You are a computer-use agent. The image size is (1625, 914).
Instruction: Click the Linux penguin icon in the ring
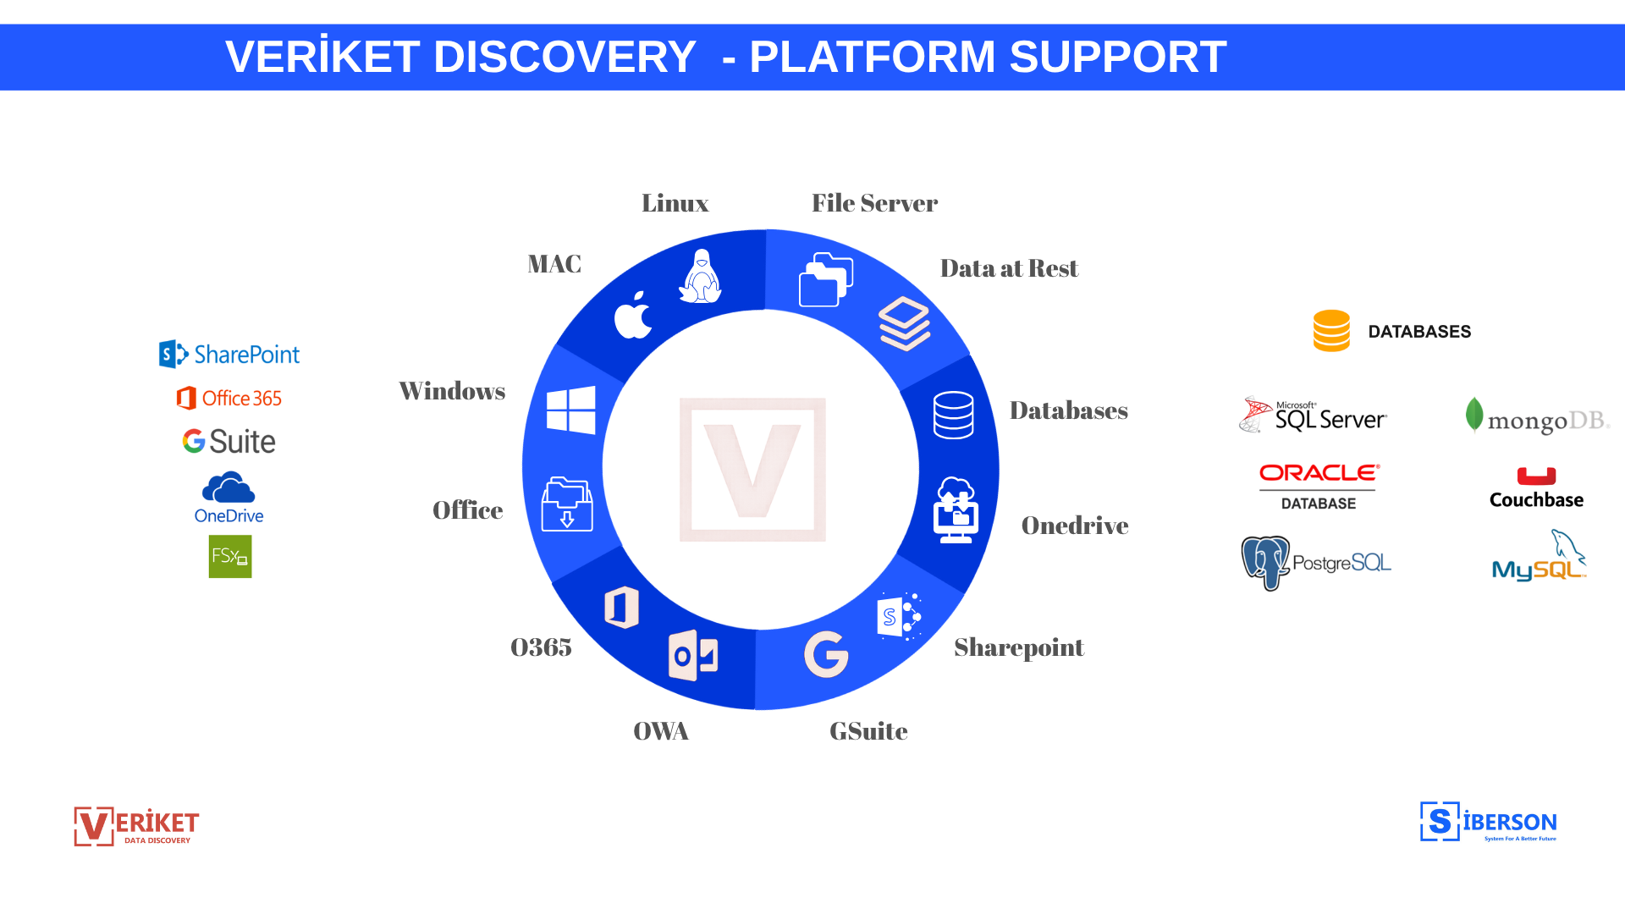[x=700, y=277]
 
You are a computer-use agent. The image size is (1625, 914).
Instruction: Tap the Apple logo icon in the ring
[x=633, y=316]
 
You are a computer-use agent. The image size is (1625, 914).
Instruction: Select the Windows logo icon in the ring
[x=571, y=410]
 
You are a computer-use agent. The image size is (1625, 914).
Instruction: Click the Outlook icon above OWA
[x=693, y=655]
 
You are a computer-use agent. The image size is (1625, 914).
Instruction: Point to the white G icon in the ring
[x=826, y=654]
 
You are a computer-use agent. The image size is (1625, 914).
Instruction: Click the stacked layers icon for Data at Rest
[x=904, y=323]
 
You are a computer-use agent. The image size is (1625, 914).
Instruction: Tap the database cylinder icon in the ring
[x=953, y=415]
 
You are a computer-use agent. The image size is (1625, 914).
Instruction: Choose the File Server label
[x=874, y=203]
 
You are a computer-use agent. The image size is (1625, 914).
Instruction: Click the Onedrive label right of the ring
[x=1074, y=526]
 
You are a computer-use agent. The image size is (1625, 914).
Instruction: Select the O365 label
[x=541, y=647]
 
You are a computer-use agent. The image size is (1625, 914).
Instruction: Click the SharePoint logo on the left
[x=229, y=354]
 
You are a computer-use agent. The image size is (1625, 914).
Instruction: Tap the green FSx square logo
[x=230, y=557]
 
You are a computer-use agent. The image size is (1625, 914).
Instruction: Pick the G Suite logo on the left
[x=229, y=441]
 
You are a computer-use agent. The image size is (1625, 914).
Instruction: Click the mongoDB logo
[x=1537, y=417]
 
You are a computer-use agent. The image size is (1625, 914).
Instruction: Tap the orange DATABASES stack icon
[x=1331, y=331]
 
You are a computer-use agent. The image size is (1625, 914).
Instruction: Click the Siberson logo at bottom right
[x=1488, y=822]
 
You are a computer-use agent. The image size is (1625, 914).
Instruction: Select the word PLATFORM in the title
[x=872, y=58]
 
